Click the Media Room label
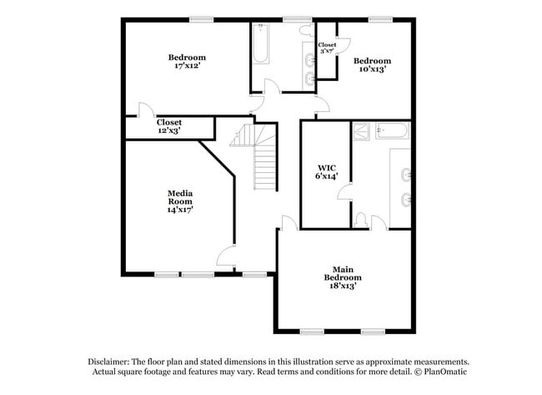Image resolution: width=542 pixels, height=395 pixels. [x=180, y=197]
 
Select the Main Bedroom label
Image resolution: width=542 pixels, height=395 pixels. [x=343, y=273]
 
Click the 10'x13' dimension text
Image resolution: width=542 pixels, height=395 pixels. [x=372, y=69]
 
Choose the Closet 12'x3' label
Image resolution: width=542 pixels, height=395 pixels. [x=169, y=126]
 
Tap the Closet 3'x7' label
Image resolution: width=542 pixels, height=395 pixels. [x=327, y=48]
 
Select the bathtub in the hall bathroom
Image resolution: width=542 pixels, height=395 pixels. [x=260, y=46]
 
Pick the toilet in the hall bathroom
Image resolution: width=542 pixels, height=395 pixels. [x=305, y=30]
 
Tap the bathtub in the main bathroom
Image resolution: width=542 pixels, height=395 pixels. [x=392, y=129]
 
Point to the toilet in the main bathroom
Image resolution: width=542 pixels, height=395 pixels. [x=360, y=219]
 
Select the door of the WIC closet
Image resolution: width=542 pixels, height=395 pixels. [x=343, y=195]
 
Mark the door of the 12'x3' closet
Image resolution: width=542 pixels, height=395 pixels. [x=145, y=109]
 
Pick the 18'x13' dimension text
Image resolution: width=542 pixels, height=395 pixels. [x=343, y=286]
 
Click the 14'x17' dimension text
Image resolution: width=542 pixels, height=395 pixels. [x=180, y=210]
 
